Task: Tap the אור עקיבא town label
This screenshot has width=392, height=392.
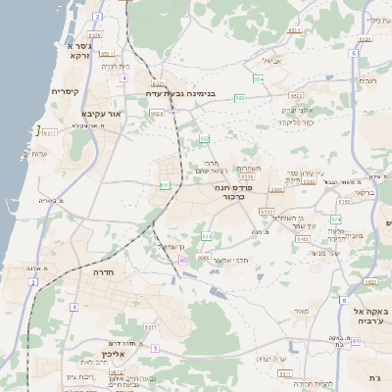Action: coord(102,115)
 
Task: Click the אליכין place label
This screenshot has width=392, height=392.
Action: coord(113,355)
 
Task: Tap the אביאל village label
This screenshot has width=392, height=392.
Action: coord(271,60)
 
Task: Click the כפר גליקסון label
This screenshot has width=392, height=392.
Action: coord(295,122)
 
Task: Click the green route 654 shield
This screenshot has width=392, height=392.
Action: coord(258,80)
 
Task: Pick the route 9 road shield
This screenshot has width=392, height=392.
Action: coord(154,348)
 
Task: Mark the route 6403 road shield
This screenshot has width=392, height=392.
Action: coord(304,238)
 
